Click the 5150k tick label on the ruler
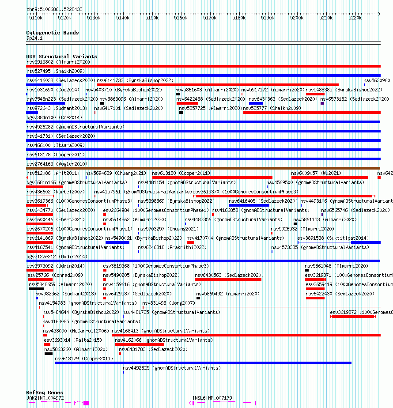point(151,18)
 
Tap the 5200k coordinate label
point(297,18)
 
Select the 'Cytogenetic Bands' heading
point(52,33)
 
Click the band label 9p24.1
point(34,38)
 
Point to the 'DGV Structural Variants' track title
point(61,57)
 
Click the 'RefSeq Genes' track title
point(44,393)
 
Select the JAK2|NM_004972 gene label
point(45,398)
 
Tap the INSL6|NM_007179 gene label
point(212,398)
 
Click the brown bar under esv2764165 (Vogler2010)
point(203,168)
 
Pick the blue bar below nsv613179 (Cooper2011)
point(203,363)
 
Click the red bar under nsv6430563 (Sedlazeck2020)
point(228,280)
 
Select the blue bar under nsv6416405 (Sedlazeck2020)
point(243,205)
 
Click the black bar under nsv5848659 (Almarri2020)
point(36,289)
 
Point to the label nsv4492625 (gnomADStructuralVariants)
point(171,368)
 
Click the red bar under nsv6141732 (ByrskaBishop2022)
point(218,85)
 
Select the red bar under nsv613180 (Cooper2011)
point(206,178)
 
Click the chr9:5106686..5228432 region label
point(54,9)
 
